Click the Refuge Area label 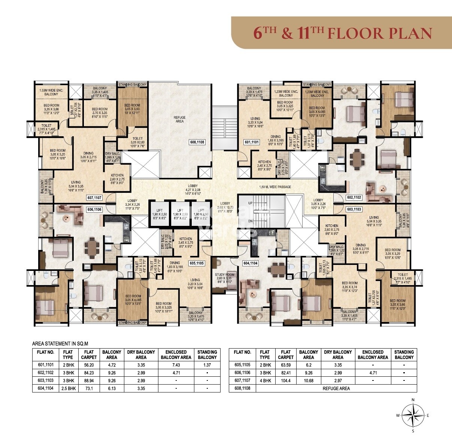(x=180, y=119)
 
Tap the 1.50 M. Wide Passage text (x=275, y=187)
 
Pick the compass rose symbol (x=413, y=415)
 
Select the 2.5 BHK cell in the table (x=68, y=388)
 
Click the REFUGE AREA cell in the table (x=336, y=388)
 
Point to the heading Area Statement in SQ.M (x=60, y=343)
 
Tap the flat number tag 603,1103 (x=354, y=209)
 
